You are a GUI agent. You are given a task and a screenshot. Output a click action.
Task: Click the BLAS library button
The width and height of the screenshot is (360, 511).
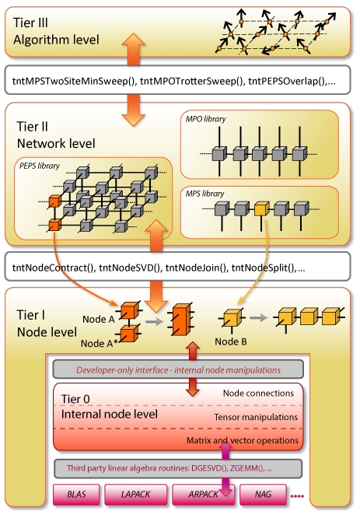(x=76, y=495)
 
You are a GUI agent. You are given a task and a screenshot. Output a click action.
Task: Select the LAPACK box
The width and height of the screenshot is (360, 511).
(x=135, y=495)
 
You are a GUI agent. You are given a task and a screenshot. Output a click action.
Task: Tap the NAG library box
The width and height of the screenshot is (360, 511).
(x=263, y=495)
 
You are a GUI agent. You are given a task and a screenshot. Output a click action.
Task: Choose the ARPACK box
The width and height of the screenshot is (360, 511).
(x=203, y=495)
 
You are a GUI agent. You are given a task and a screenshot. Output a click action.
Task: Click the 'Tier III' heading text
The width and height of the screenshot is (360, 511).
(x=30, y=23)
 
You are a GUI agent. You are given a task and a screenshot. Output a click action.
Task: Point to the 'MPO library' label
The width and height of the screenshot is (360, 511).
(x=205, y=119)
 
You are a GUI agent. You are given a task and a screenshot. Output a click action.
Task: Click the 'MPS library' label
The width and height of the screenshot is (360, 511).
(x=205, y=194)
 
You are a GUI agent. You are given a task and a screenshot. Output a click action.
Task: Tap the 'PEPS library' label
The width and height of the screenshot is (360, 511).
(x=40, y=166)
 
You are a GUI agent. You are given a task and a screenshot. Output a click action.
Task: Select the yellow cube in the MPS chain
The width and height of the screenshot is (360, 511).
(x=261, y=208)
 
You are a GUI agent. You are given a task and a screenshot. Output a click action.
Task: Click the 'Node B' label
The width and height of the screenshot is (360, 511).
(x=231, y=341)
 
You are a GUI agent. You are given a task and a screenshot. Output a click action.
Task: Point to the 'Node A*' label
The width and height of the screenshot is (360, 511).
(x=99, y=343)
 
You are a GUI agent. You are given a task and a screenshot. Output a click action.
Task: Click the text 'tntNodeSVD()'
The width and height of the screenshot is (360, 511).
(x=131, y=268)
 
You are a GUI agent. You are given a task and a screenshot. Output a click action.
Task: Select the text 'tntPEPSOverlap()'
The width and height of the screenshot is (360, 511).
(x=288, y=81)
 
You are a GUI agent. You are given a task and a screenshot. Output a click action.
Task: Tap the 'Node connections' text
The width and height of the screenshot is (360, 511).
(x=258, y=394)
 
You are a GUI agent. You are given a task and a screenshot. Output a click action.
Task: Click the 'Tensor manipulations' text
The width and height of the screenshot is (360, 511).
(x=256, y=417)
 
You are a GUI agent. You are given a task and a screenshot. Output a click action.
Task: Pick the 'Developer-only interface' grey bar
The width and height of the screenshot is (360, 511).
(x=178, y=369)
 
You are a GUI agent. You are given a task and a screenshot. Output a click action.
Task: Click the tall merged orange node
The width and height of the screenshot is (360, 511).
(x=181, y=320)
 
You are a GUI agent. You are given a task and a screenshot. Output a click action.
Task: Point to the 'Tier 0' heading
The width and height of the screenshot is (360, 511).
(x=75, y=399)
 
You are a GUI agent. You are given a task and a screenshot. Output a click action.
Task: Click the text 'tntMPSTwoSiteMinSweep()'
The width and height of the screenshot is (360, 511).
(x=74, y=81)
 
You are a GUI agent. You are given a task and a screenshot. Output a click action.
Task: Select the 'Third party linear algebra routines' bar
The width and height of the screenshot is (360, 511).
(x=178, y=468)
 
